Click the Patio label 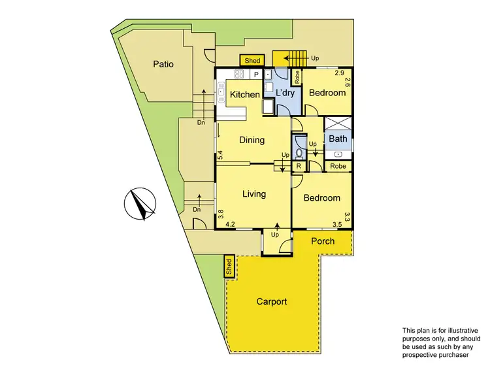163,64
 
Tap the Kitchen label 245,95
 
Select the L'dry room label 286,93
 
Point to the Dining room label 252,140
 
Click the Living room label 253,193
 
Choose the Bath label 338,139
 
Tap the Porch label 322,241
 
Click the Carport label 271,301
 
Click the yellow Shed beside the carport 229,266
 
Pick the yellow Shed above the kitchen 252,61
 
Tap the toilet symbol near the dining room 299,153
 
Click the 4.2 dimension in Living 230,224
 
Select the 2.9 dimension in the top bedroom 339,73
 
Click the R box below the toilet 298,167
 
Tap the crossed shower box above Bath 338,124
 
